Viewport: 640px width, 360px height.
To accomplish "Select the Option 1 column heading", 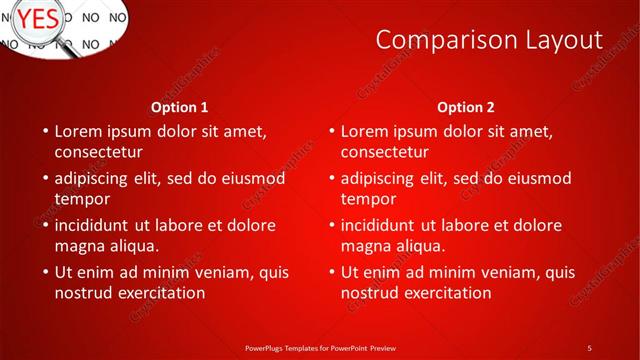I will click(180, 107).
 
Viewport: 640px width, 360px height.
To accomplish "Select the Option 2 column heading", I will click(466, 107).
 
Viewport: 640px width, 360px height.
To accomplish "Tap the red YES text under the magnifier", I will click(38, 17).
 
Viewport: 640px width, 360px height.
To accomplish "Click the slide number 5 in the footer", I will click(589, 347).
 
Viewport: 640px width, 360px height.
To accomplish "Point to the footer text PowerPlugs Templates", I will click(290, 347).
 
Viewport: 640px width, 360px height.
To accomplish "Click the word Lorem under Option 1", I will click(79, 131).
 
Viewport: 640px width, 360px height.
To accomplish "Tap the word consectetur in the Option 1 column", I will click(98, 152).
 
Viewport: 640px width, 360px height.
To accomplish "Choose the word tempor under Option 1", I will click(81, 199).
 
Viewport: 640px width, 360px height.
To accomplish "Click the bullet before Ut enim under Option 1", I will click(45, 272).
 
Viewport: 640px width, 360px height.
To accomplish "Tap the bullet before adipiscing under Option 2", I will click(331, 178).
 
